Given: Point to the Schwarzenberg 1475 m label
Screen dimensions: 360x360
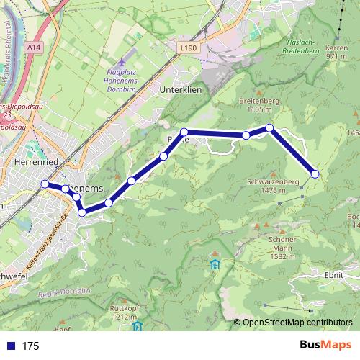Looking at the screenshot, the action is point(272,186).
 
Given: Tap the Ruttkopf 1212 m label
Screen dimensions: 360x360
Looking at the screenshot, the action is point(124,312).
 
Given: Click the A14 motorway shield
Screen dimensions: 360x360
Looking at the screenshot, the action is point(32,45).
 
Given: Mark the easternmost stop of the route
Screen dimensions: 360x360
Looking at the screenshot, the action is point(315,173).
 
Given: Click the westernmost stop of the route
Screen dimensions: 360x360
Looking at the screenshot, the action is point(45,184).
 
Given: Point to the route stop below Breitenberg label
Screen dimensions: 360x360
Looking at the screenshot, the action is point(269,128).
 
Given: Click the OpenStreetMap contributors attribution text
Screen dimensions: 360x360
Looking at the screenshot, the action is point(297,323).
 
